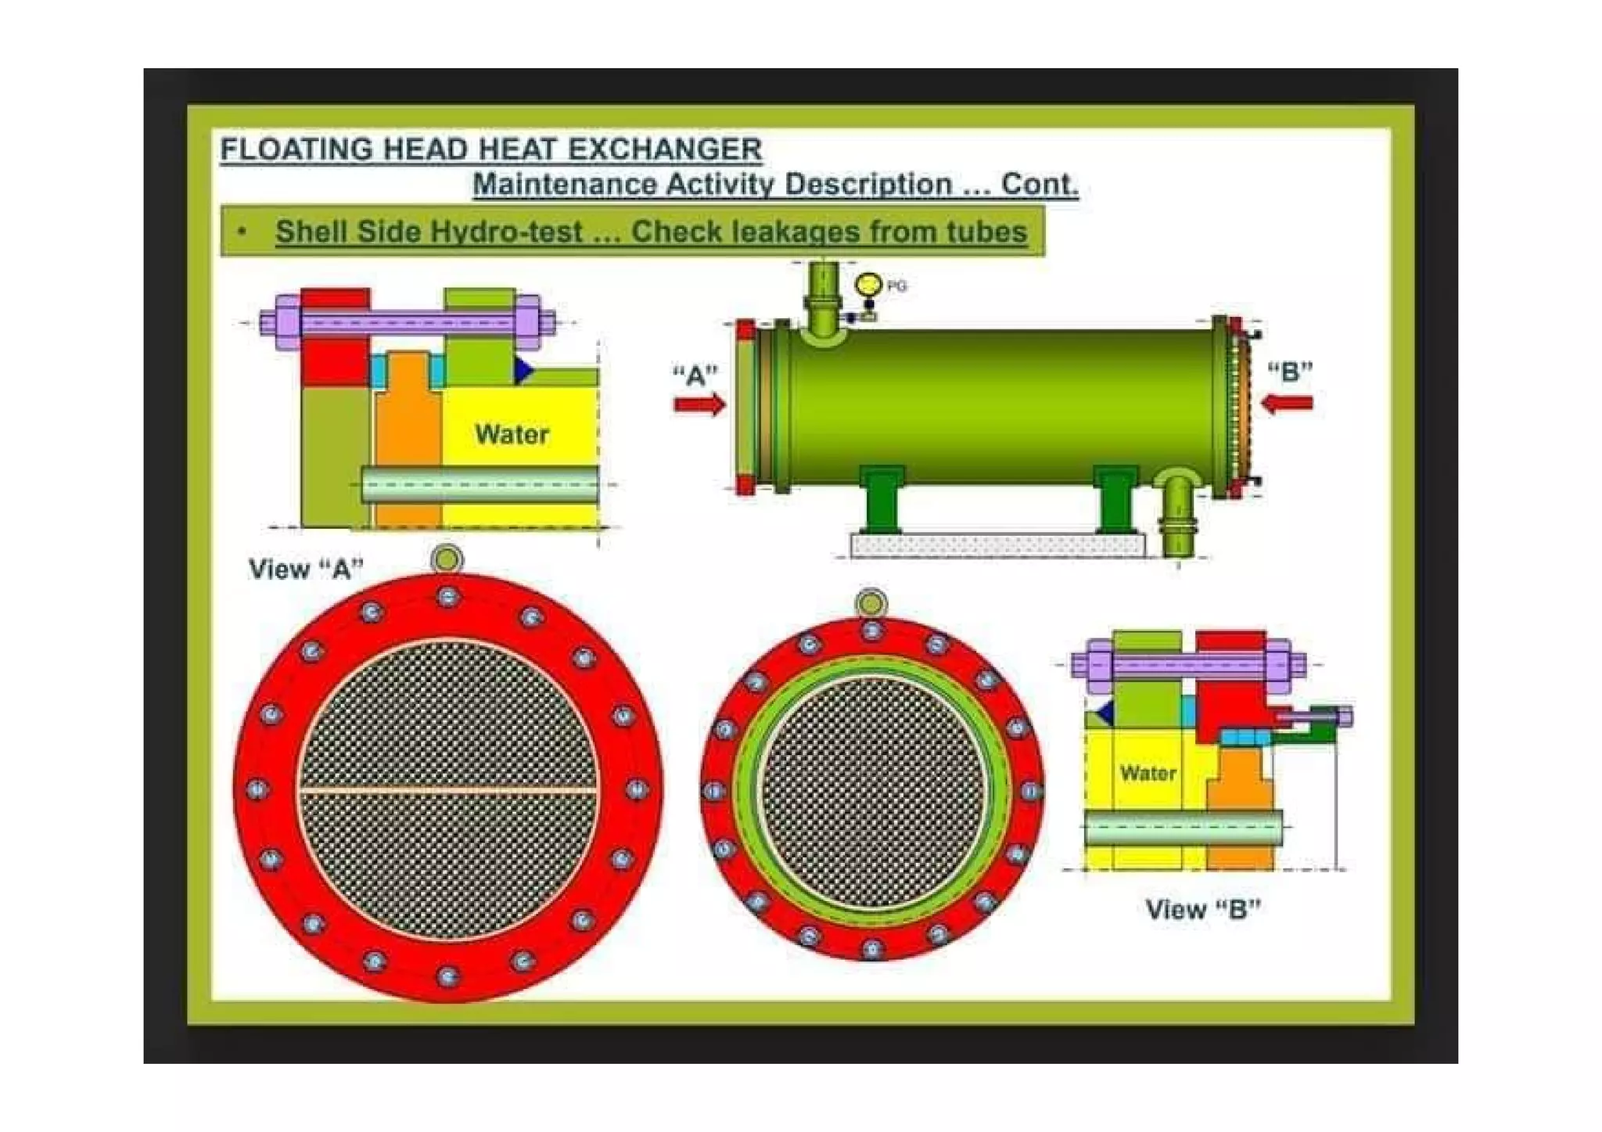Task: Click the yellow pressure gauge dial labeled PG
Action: tap(867, 285)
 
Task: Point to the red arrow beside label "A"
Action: tap(699, 404)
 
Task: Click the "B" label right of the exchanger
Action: tap(1289, 371)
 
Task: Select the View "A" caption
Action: tap(306, 569)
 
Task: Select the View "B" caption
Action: tap(1202, 909)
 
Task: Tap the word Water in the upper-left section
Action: tap(512, 434)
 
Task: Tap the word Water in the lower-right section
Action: tap(1148, 773)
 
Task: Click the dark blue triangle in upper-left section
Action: tap(523, 370)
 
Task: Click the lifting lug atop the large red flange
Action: tap(447, 559)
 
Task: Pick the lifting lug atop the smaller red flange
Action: tap(871, 603)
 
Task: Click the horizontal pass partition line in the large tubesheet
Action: tap(447, 791)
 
